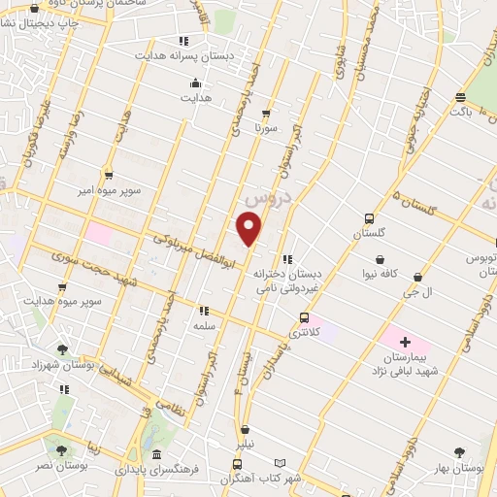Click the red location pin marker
coord(249,228)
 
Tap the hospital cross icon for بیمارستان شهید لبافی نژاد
coord(405,343)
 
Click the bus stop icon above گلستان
coord(368,218)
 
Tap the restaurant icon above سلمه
coord(204,311)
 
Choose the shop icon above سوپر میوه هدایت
coord(64,288)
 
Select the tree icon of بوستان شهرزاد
coord(63,348)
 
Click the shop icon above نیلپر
coord(245,429)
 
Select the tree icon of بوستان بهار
coord(462,451)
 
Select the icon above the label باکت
coord(460,97)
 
